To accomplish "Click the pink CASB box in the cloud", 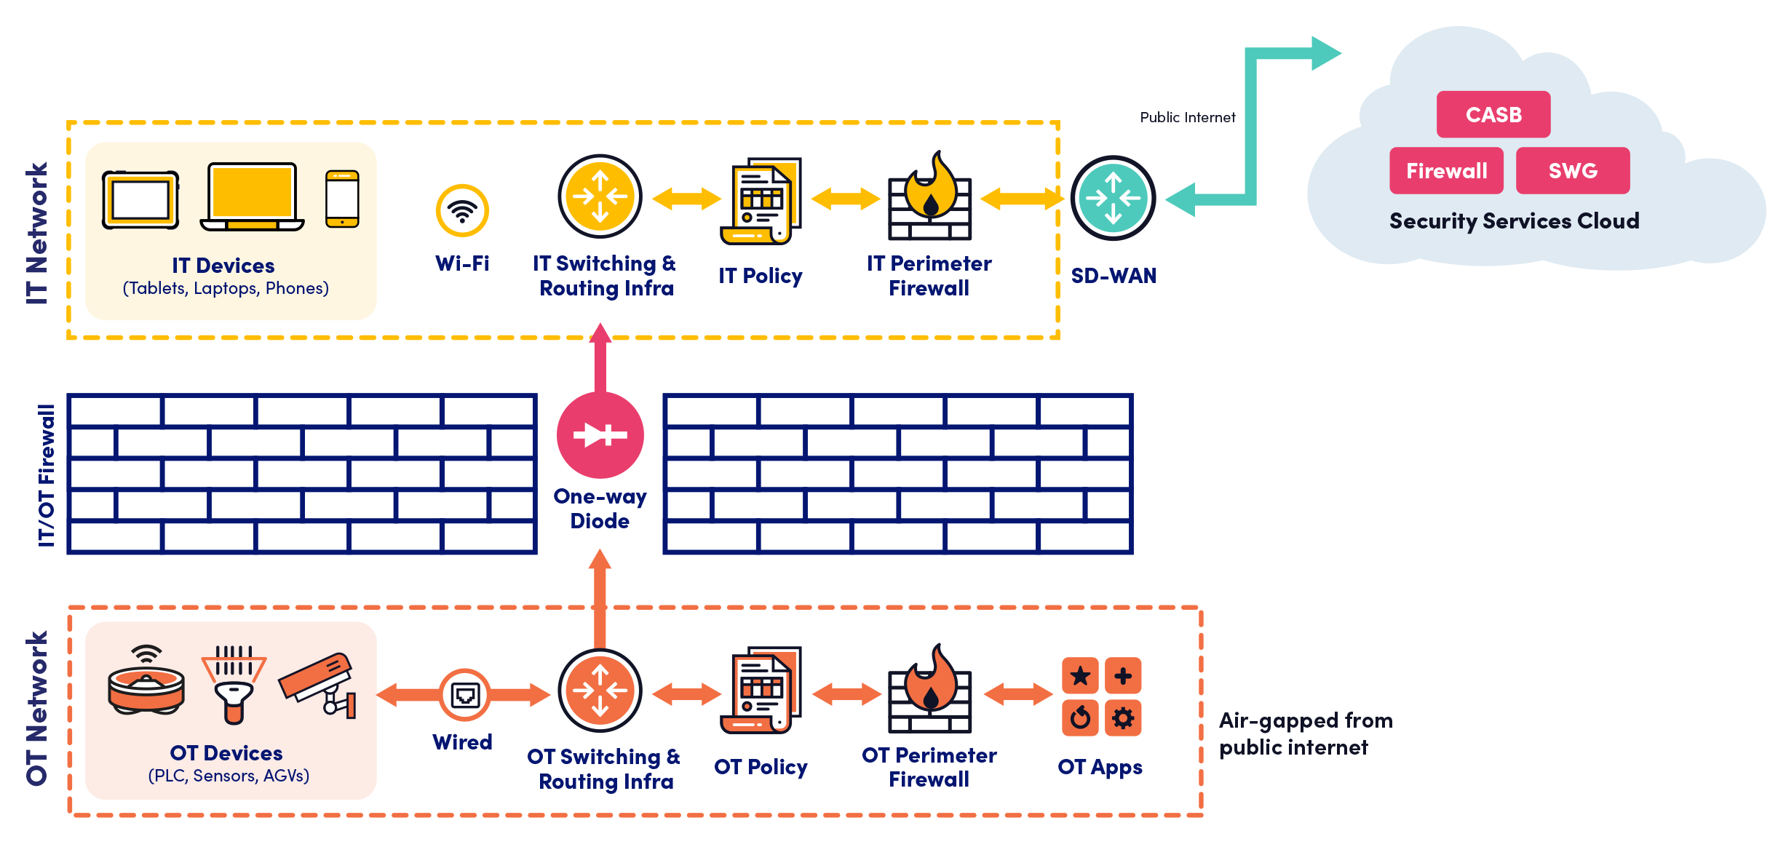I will click(1493, 114).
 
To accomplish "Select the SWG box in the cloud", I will click(1572, 171).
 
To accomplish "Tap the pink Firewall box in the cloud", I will click(1445, 171).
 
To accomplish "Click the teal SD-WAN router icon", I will click(1113, 198).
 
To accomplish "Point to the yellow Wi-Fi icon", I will click(462, 211).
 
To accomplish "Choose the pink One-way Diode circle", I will click(600, 435).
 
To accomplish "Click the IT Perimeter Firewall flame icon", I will click(929, 196).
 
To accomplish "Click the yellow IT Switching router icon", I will click(600, 196).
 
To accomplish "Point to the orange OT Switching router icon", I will click(600, 690).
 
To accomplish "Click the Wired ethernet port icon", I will click(464, 695).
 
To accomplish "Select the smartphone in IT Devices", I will click(342, 199).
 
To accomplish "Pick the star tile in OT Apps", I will click(1080, 676).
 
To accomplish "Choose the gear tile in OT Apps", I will click(1123, 718).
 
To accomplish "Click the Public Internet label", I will click(1187, 117).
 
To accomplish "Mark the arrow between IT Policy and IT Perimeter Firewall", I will click(845, 198).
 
